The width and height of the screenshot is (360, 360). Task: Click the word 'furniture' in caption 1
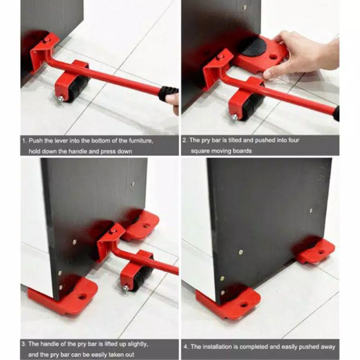(138, 141)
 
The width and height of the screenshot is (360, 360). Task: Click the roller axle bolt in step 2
(234, 117)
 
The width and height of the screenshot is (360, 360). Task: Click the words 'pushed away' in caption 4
(317, 346)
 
